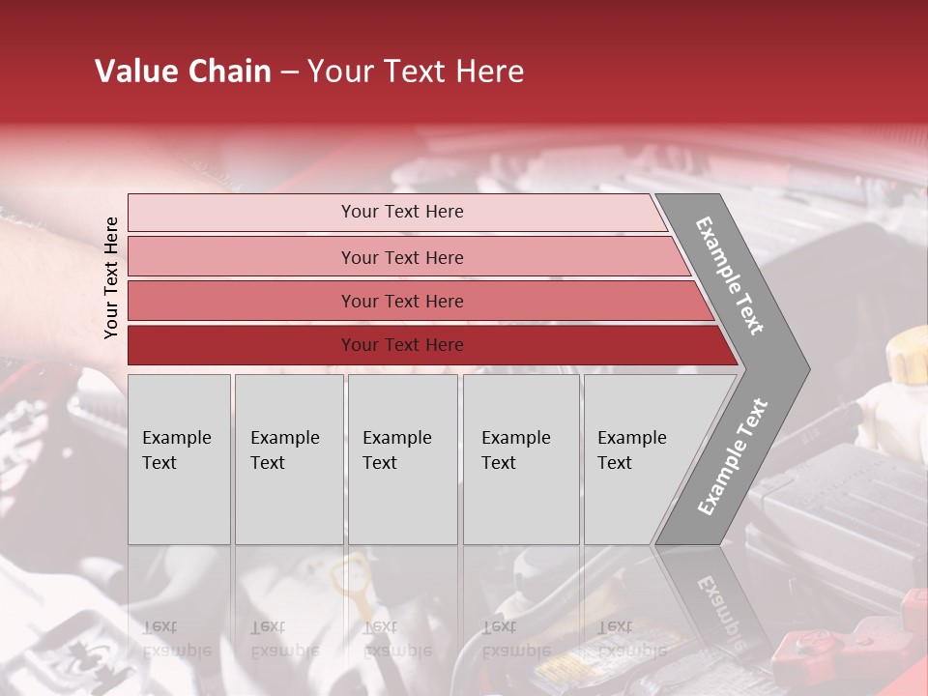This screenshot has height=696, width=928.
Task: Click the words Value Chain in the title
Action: (x=183, y=72)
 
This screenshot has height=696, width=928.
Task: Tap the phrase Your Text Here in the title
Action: (x=416, y=72)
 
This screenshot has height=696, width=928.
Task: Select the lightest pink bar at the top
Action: (x=242, y=212)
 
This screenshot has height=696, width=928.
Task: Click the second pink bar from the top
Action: (x=242, y=257)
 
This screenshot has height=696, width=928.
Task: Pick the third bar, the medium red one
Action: (x=242, y=301)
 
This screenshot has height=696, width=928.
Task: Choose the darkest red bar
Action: (x=242, y=345)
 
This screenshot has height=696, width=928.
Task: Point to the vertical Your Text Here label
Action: (x=111, y=277)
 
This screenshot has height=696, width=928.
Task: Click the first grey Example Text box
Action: (x=179, y=459)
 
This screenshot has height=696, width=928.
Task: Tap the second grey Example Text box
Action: (x=288, y=459)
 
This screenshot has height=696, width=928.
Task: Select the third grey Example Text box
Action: (x=402, y=459)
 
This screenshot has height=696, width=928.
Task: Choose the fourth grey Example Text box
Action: (x=521, y=459)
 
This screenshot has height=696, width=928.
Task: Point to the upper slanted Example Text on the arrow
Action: (x=730, y=275)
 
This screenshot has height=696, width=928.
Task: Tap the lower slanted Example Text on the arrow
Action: (x=733, y=456)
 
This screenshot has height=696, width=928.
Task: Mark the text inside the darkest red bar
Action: (x=402, y=345)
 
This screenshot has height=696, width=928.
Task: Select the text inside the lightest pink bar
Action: (x=402, y=212)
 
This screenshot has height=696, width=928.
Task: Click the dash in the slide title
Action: (x=289, y=72)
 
